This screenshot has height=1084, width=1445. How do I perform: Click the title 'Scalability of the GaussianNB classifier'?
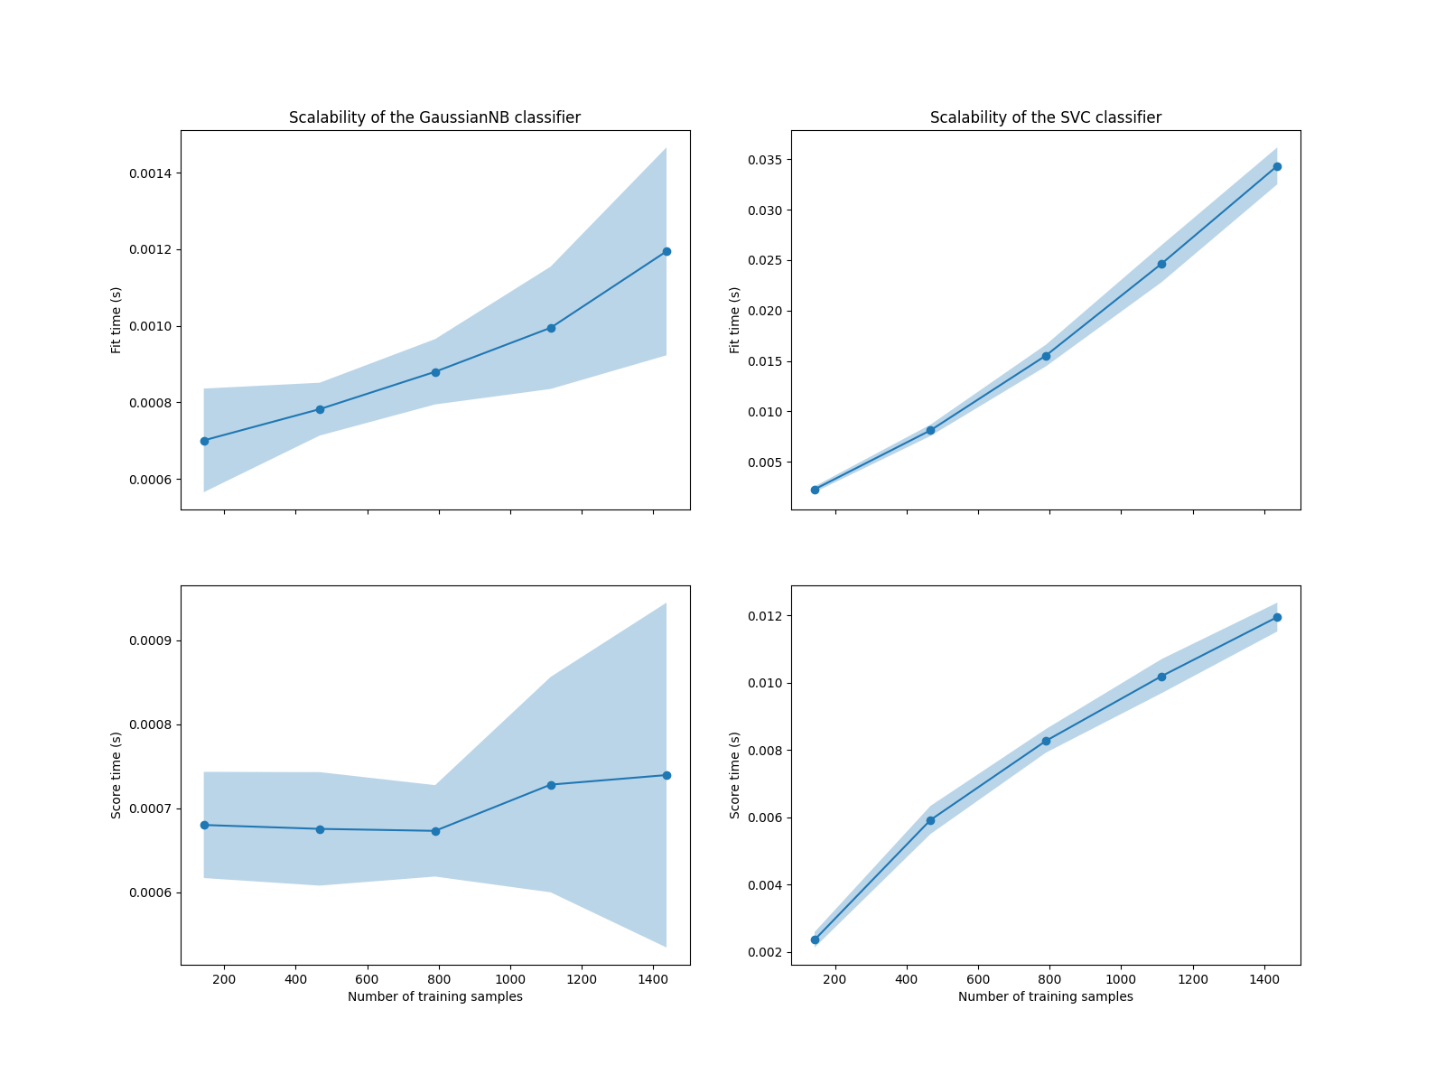(x=434, y=117)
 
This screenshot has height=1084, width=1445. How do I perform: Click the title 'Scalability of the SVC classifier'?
(x=1046, y=117)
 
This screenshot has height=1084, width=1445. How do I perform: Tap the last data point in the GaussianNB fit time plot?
(x=667, y=251)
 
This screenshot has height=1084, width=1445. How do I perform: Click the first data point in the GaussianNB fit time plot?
(x=204, y=441)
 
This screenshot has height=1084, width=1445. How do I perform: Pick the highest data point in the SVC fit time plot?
(x=1277, y=166)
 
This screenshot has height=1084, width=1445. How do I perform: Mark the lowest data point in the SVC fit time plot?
(x=815, y=490)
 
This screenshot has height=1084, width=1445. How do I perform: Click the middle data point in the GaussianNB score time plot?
(x=435, y=831)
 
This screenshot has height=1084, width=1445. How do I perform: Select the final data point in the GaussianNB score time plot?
(x=667, y=775)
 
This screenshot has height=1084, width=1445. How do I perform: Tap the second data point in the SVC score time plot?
(x=930, y=820)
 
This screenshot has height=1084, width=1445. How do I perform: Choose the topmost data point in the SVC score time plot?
(x=1277, y=617)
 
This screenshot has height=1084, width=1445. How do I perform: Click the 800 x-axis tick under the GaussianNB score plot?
(x=439, y=979)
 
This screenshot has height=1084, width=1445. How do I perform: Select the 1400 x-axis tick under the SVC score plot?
(x=1264, y=979)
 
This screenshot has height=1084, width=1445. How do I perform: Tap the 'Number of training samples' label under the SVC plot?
(x=1046, y=997)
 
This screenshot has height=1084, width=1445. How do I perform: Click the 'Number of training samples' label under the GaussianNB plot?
(x=434, y=997)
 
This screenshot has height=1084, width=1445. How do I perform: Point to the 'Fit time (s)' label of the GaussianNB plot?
(x=117, y=320)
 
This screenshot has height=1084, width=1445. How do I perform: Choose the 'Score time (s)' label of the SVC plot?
(x=735, y=775)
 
